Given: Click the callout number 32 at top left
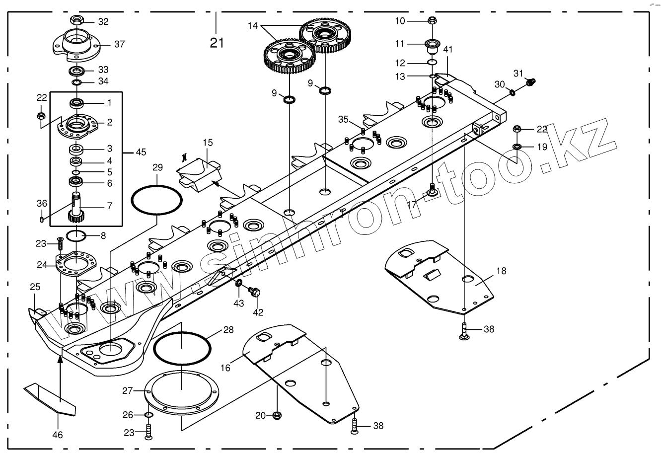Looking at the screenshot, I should [x=103, y=21].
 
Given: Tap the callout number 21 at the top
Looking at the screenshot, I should [x=217, y=43].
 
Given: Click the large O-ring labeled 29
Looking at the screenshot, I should [x=157, y=200].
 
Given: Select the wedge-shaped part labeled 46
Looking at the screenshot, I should [x=50, y=397].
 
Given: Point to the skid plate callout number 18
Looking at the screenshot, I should [x=501, y=271].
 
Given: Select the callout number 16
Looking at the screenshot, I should [x=226, y=368].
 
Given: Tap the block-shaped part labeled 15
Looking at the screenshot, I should [x=199, y=172].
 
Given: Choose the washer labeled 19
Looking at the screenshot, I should [x=516, y=146].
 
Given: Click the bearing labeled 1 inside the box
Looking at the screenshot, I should [x=77, y=103].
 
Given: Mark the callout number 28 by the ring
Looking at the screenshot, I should [x=228, y=330].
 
